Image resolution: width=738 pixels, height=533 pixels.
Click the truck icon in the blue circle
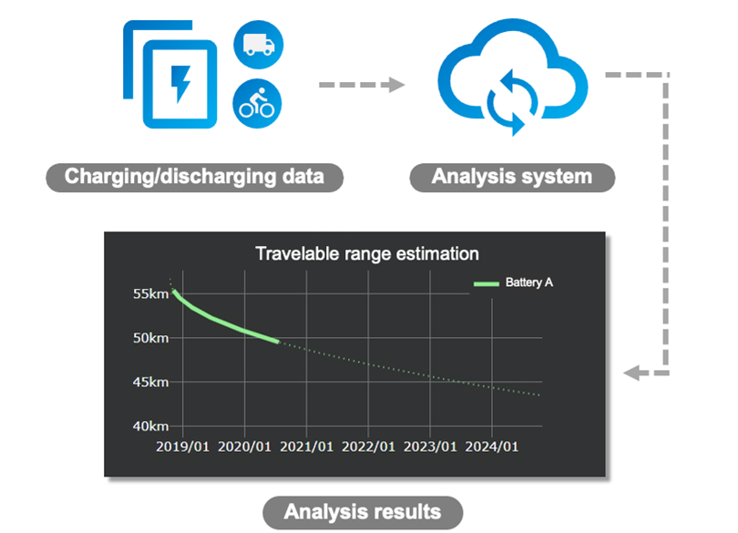(x=259, y=45)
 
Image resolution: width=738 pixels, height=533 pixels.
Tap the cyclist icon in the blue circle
(x=257, y=103)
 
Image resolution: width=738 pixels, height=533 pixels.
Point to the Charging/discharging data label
(x=194, y=177)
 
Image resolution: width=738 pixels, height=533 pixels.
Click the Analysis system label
(x=512, y=177)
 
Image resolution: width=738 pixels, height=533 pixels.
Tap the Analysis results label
(x=363, y=512)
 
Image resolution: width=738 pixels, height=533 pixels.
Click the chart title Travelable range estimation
(x=367, y=254)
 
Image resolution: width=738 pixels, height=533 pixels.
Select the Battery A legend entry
(x=514, y=282)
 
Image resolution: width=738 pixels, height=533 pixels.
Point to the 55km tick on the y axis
(x=150, y=293)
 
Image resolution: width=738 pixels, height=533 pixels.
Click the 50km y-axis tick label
(x=150, y=338)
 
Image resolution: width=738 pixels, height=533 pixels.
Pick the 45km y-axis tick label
(x=150, y=382)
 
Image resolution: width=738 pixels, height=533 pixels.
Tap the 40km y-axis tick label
(x=150, y=426)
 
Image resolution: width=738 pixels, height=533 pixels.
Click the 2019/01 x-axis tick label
(x=182, y=446)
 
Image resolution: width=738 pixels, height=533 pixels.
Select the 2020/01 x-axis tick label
(x=245, y=446)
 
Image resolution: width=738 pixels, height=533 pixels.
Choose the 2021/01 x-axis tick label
(x=306, y=446)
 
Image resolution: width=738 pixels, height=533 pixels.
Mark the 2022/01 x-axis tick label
(x=368, y=446)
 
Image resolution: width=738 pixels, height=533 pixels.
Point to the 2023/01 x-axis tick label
(x=430, y=446)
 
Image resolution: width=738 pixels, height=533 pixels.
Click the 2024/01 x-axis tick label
(x=492, y=446)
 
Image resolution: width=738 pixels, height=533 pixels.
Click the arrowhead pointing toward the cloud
(x=395, y=85)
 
